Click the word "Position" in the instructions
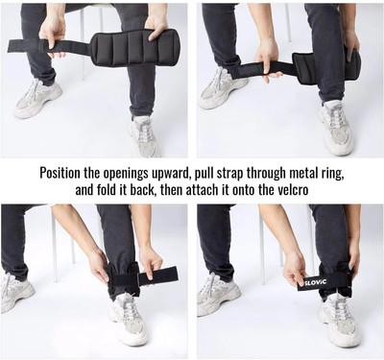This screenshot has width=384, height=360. [x=60, y=173]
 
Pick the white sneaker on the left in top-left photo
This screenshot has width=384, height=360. [x=37, y=99]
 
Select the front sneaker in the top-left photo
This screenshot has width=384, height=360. [x=143, y=136]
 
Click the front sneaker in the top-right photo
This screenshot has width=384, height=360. [x=336, y=128]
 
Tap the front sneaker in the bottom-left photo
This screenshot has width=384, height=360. [x=128, y=320]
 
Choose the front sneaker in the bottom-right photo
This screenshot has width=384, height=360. [x=340, y=321]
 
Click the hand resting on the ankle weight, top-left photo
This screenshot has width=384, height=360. [x=156, y=28]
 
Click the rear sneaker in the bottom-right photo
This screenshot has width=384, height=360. [x=219, y=296]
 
